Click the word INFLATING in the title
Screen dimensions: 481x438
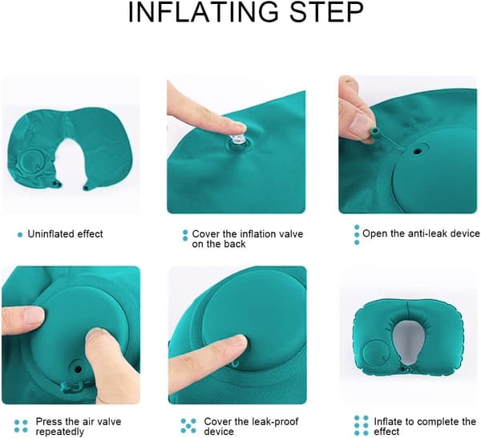[x=204, y=12]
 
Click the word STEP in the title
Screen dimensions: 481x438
[x=326, y=12]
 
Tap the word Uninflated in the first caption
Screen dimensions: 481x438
[x=51, y=234]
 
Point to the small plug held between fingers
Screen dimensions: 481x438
[x=375, y=132]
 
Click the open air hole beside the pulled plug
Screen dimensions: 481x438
[x=416, y=152]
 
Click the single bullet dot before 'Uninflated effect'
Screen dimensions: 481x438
[x=20, y=235]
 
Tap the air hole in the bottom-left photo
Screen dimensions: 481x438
[x=78, y=368]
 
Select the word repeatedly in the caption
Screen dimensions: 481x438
[x=60, y=432]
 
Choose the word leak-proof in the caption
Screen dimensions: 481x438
[x=273, y=421]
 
